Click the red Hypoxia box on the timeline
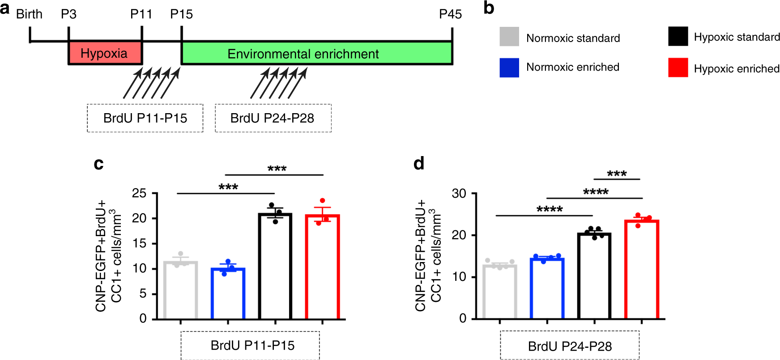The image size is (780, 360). (105, 53)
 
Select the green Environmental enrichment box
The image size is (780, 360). (316, 53)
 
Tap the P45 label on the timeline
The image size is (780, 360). (450, 14)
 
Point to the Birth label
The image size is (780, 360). (29, 14)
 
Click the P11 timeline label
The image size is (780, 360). (141, 14)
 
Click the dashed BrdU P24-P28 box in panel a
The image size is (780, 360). (273, 118)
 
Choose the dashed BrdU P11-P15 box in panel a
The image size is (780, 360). (145, 118)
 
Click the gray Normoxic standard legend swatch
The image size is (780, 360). (509, 37)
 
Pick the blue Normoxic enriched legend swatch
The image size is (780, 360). (509, 68)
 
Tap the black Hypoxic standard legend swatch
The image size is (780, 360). (678, 36)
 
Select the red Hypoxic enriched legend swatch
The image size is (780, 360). (678, 68)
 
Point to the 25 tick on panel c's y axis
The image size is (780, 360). (139, 193)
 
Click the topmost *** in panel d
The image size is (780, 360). (617, 174)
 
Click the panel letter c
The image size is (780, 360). (98, 164)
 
